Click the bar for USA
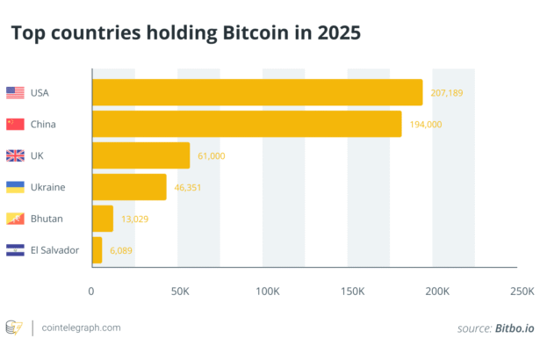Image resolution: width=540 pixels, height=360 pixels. (x=257, y=92)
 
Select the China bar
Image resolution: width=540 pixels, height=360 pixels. (x=247, y=124)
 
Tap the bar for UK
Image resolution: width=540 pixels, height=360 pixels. (x=140, y=155)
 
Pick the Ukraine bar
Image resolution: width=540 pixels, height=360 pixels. (x=129, y=187)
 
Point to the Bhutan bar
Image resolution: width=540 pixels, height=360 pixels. (x=103, y=219)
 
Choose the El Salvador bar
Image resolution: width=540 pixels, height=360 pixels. (x=97, y=250)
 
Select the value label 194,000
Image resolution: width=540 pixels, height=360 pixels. (x=424, y=124)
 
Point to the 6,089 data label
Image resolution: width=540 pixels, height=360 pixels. (x=122, y=250)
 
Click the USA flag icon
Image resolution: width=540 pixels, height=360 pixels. (x=15, y=92)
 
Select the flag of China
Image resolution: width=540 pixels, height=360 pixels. (x=15, y=124)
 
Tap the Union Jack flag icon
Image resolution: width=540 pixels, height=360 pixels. (x=15, y=155)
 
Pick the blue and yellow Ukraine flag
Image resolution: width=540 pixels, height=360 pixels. (x=15, y=187)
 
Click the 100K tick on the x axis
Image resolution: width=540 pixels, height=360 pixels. (x=265, y=291)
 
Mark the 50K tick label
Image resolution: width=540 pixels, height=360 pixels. (x=179, y=291)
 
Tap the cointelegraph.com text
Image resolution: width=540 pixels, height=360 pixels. (x=80, y=328)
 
